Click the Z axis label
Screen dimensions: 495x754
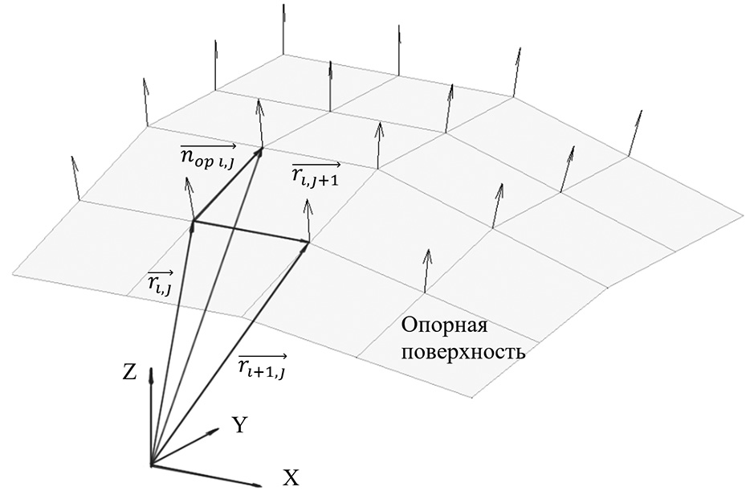(x=128, y=371)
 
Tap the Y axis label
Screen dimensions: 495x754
(x=238, y=425)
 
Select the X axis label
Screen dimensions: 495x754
(x=291, y=479)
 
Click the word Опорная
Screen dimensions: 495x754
(x=444, y=326)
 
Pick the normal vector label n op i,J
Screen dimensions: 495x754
(x=207, y=153)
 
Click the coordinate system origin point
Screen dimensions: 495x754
(x=151, y=464)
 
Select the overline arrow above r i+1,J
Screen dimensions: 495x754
(x=263, y=354)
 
